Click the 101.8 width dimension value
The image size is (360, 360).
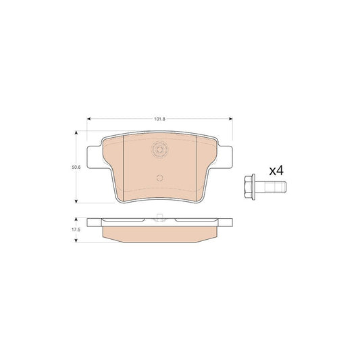click(159, 119)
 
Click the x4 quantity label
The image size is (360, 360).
click(276, 171)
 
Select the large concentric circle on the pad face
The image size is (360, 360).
click(159, 151)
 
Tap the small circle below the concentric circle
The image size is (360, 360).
click(159, 179)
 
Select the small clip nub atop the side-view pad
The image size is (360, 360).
click(159, 216)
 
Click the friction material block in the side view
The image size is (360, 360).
click(159, 232)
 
